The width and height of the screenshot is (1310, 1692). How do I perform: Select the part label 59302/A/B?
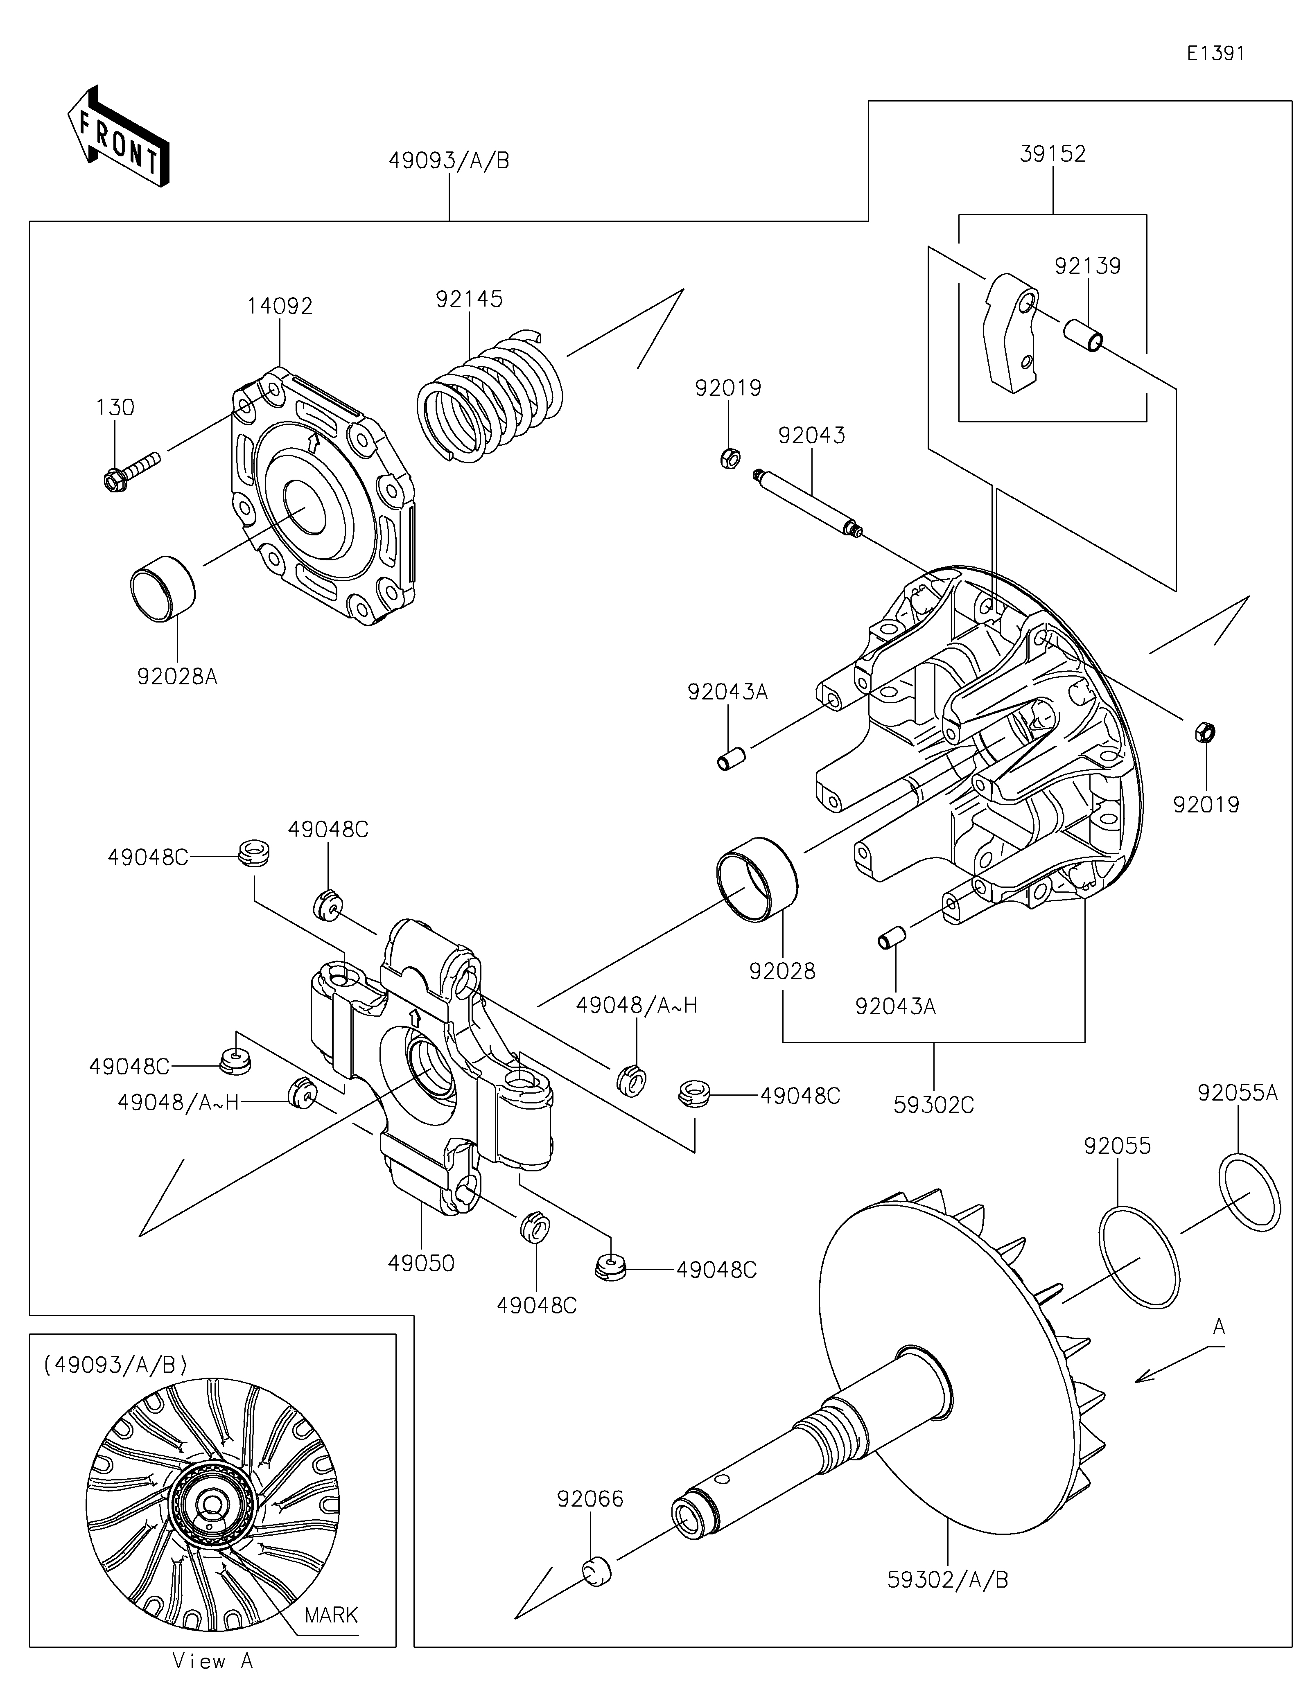coord(948,1580)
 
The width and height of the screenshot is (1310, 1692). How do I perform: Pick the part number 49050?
coord(421,1263)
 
